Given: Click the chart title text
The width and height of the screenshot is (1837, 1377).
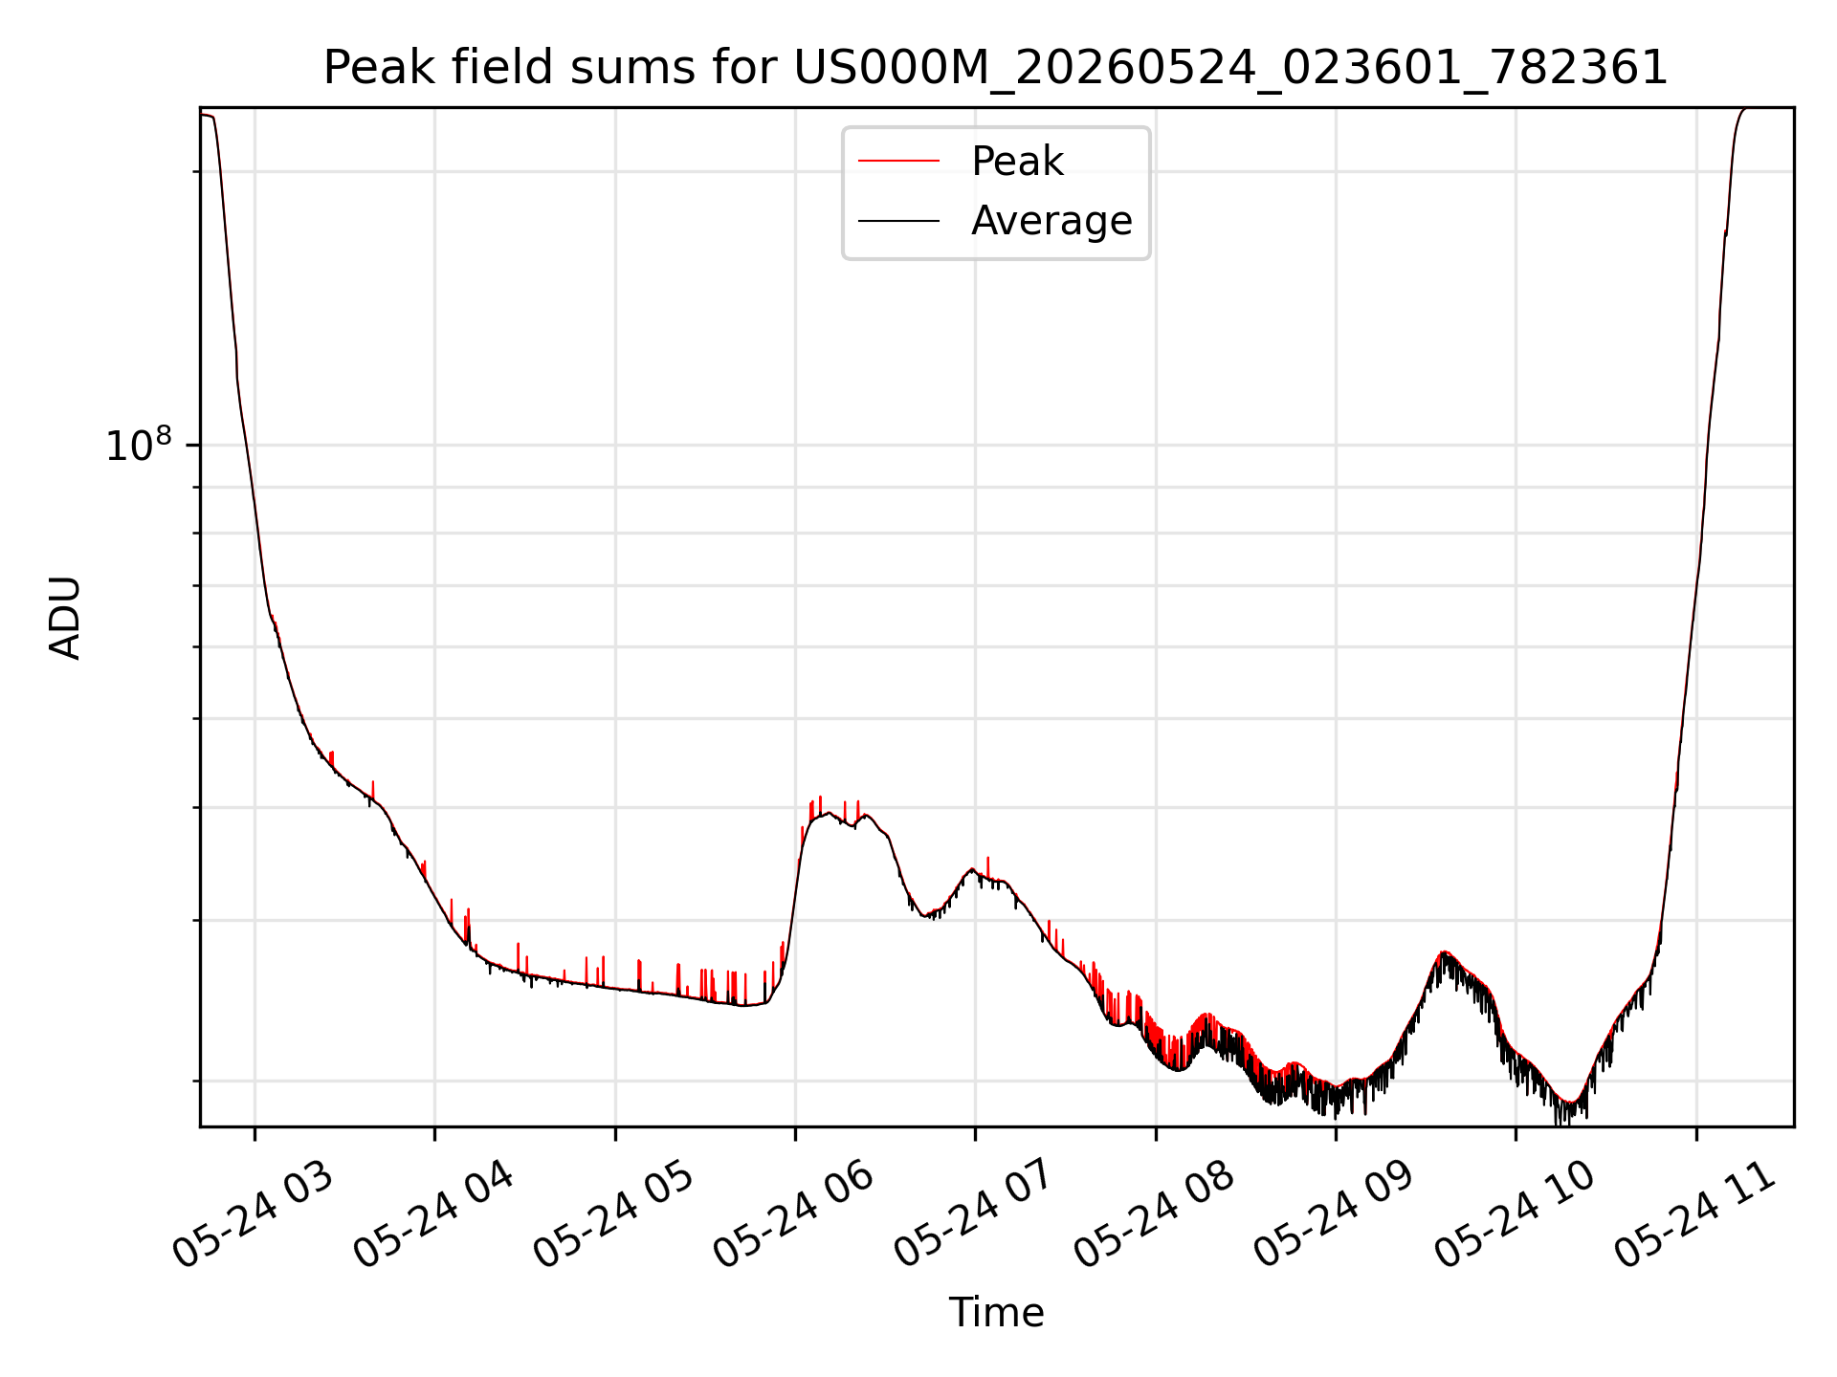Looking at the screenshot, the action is click(x=996, y=68).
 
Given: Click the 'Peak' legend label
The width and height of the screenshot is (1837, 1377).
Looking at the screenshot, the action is click(x=1017, y=162).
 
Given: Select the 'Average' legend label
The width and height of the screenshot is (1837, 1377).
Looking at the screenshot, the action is click(x=1051, y=221).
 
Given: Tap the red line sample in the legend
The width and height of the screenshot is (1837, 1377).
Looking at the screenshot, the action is click(x=898, y=162).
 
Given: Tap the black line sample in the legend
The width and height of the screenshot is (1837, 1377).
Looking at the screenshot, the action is click(x=898, y=221).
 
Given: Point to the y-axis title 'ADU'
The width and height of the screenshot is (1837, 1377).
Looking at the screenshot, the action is click(x=65, y=618).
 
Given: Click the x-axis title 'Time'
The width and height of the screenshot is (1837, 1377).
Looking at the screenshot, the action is click(x=996, y=1313).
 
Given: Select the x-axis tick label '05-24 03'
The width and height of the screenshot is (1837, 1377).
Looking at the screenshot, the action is click(x=254, y=1215).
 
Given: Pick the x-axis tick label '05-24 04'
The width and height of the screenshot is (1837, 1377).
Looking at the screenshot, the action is click(x=433, y=1215).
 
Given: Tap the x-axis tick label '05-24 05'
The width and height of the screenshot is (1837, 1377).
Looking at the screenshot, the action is click(x=613, y=1215).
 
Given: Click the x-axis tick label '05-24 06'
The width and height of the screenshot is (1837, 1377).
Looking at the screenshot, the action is click(x=794, y=1215).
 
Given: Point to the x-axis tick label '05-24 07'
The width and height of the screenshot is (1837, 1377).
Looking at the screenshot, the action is click(x=974, y=1215).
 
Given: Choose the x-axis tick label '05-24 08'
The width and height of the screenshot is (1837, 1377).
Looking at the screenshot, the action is click(x=1154, y=1215).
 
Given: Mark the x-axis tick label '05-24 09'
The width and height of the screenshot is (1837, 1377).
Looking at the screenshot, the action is click(x=1334, y=1215).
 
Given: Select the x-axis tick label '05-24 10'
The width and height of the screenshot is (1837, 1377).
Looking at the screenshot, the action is click(x=1515, y=1215).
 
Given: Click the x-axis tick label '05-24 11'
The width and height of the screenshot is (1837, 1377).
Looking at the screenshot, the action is click(x=1694, y=1215).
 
